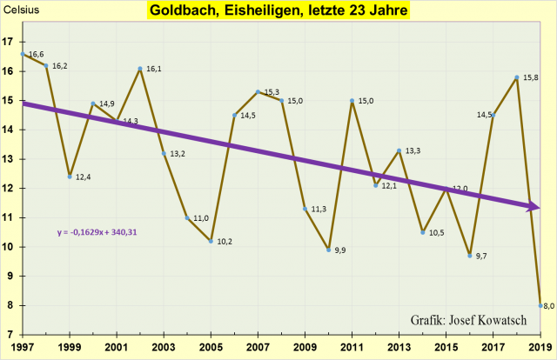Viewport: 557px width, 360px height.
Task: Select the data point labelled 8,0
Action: click(540, 305)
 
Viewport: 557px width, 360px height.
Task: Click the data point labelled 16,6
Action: click(23, 54)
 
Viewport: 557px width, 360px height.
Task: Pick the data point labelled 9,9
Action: click(328, 250)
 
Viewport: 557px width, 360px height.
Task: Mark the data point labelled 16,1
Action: click(140, 69)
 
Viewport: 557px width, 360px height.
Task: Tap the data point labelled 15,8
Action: click(517, 77)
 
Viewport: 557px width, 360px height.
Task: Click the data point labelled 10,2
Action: click(211, 241)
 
